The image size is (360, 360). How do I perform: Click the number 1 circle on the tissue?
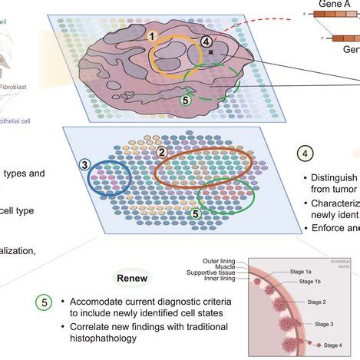coord(153,36)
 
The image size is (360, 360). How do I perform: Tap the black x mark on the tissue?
coord(210,52)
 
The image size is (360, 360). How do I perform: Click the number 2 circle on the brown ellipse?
coord(161,152)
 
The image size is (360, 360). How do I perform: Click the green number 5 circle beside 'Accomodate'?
coord(44,302)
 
